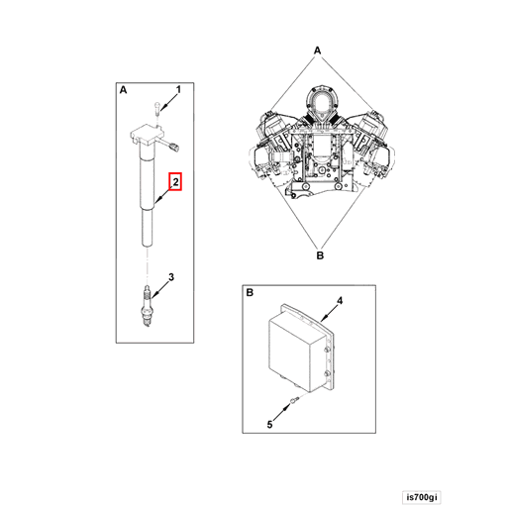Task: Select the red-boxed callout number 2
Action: click(175, 182)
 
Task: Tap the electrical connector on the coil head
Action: click(175, 147)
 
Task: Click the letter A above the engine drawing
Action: click(317, 49)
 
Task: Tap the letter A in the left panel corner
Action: click(124, 90)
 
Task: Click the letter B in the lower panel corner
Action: click(250, 294)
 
